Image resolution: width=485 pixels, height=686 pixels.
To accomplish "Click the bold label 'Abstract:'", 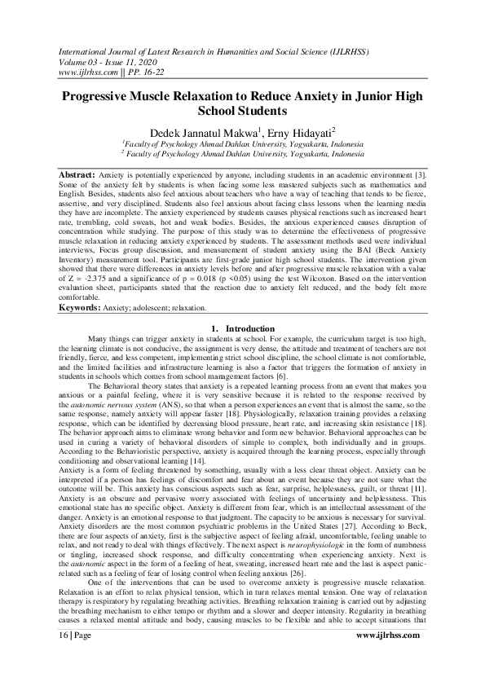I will (x=78, y=175).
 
